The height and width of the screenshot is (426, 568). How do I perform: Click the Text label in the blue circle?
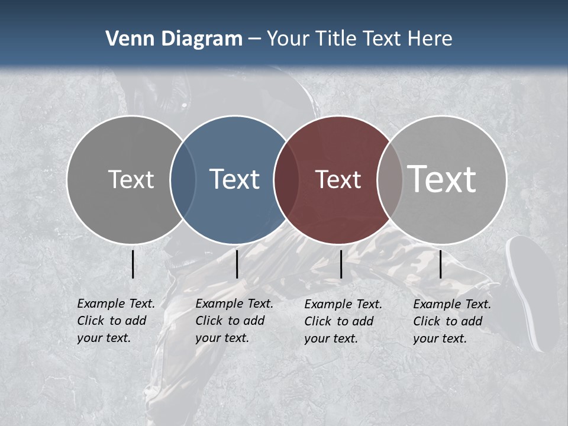[234, 179]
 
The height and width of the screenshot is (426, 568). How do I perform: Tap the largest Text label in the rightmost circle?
[442, 179]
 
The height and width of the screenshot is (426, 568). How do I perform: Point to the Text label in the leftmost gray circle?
[131, 179]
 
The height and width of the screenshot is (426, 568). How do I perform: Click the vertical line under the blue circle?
[237, 264]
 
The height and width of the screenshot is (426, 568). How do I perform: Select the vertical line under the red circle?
[341, 264]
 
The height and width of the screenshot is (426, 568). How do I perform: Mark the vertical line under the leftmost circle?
[133, 264]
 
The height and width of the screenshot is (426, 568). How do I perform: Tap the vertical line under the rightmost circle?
[441, 264]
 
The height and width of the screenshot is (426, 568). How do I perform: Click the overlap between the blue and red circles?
[287, 179]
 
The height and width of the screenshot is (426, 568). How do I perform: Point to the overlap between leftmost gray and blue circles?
[183, 179]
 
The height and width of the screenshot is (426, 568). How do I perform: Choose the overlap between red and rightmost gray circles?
[390, 179]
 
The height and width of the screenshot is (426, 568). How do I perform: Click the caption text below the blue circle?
[234, 321]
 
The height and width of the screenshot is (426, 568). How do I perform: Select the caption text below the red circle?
[343, 321]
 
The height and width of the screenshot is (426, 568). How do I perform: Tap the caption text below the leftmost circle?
[115, 321]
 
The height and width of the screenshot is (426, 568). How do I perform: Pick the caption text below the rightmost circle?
[451, 321]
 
